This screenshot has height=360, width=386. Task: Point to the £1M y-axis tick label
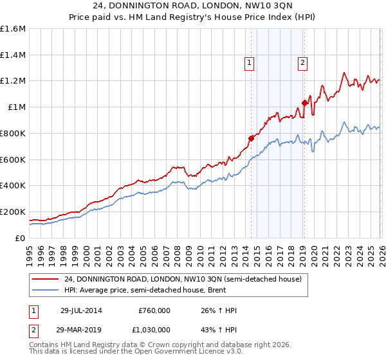pyautogui.click(x=16, y=107)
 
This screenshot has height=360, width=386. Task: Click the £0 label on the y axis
pyautogui.click(x=20, y=238)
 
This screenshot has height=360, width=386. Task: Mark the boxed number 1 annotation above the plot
pyautogui.click(x=249, y=62)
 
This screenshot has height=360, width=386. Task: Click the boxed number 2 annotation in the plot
pyautogui.click(x=302, y=62)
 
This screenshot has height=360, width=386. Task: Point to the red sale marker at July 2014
pyautogui.click(x=252, y=138)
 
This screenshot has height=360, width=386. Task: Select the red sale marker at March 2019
pyautogui.click(x=304, y=103)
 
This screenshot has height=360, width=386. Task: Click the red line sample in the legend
pyautogui.click(x=46, y=279)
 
